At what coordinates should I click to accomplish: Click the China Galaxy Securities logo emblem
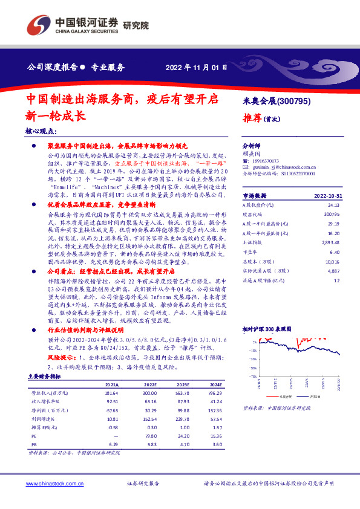(x=38, y=25)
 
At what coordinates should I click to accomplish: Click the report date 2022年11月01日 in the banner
(x=197, y=67)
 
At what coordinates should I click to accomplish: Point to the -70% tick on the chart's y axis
(x=250, y=377)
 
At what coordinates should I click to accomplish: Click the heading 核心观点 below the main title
(x=41, y=131)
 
